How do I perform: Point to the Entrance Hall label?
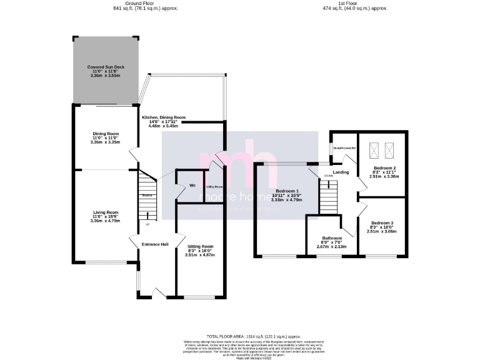(x=155, y=244)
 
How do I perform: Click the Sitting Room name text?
(x=201, y=246)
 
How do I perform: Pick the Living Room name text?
(x=104, y=212)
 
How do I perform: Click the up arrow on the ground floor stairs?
(x=148, y=217)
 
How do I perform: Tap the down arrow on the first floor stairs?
(x=329, y=185)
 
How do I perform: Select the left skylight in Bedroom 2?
(x=375, y=149)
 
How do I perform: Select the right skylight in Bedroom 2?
(x=391, y=149)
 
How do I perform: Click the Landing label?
(x=341, y=172)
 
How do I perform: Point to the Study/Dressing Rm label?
(x=344, y=148)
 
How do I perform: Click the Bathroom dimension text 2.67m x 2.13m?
(x=332, y=246)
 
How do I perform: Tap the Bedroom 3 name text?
(x=382, y=223)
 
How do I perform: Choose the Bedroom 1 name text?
(x=287, y=191)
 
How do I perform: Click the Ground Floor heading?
(x=140, y=3)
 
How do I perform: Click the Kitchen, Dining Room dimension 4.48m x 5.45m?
(x=164, y=126)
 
